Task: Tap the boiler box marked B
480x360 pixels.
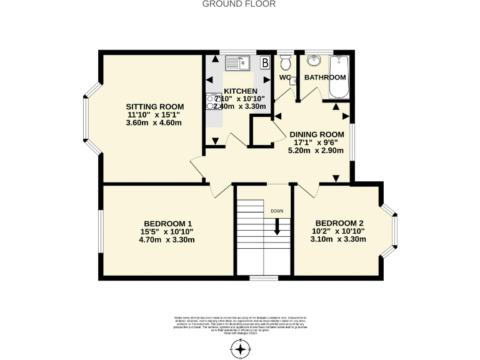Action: click(264, 62)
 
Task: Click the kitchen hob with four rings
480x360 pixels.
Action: click(211, 102)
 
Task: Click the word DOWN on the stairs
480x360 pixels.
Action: click(277, 211)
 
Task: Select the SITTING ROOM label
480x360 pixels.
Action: click(154, 106)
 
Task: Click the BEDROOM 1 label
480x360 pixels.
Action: click(167, 224)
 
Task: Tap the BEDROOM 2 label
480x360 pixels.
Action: click(339, 223)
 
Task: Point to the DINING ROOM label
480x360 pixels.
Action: click(316, 134)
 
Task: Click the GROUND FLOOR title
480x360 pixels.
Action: click(239, 4)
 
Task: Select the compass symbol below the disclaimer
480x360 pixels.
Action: click(240, 349)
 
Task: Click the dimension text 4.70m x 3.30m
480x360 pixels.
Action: click(167, 240)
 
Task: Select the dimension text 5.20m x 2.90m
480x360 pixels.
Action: click(316, 151)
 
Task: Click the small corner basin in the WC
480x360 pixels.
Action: click(292, 80)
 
